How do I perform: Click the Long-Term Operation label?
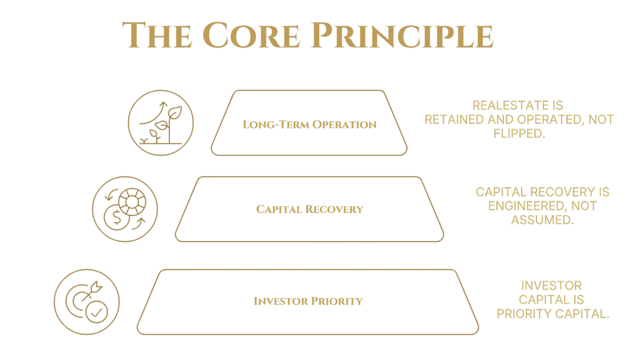(310, 125)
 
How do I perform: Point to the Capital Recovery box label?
(310, 209)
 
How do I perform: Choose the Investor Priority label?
(308, 301)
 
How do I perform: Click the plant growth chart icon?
(161, 123)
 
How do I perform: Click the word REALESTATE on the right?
(518, 105)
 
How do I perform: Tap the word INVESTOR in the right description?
(551, 287)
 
